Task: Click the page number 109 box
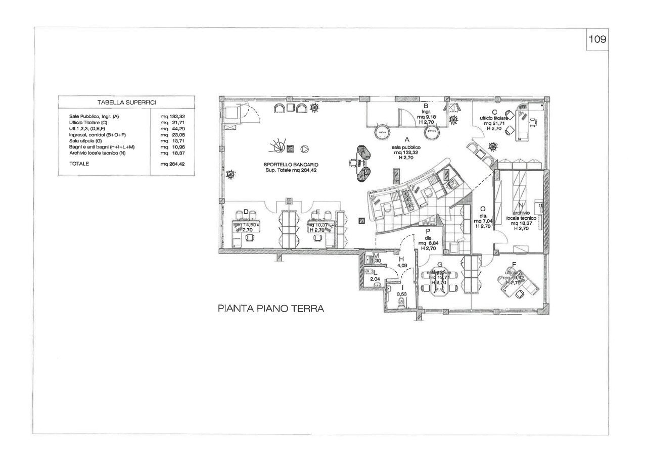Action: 597,39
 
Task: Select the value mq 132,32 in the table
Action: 172,117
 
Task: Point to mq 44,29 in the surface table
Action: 172,129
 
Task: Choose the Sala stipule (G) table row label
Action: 85,141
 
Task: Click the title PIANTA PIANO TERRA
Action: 270,309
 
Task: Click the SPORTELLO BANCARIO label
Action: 291,165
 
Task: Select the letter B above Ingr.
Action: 426,106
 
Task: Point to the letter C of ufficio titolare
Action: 494,112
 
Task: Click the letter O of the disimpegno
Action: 483,209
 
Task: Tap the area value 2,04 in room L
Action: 375,279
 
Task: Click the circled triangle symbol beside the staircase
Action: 305,149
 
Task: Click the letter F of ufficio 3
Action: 514,264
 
